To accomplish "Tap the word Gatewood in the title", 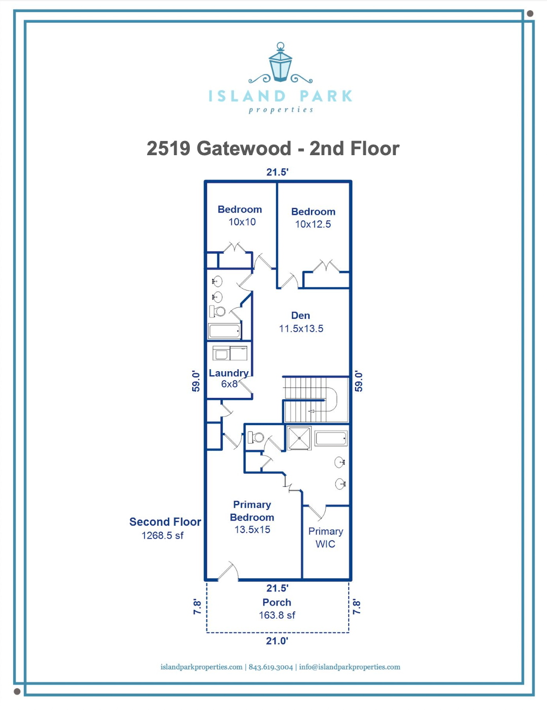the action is (244, 148).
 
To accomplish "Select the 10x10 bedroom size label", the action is (242, 222).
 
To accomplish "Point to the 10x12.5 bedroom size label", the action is (313, 224).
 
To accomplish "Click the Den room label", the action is (300, 315).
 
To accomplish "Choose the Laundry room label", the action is (229, 373).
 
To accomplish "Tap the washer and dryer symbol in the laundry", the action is (230, 353).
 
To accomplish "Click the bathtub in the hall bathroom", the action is (224, 331).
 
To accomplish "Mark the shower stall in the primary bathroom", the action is (299, 438).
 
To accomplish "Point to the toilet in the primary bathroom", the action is (256, 437).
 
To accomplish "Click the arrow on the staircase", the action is (312, 411).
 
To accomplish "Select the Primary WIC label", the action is (325, 538).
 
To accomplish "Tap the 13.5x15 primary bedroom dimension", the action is (252, 529).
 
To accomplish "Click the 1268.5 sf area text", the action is (162, 536).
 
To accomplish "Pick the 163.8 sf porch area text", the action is (277, 615).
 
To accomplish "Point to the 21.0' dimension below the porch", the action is (277, 641).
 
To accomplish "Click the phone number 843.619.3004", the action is (270, 667).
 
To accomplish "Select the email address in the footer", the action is (349, 667).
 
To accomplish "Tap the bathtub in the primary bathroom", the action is (331, 438).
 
